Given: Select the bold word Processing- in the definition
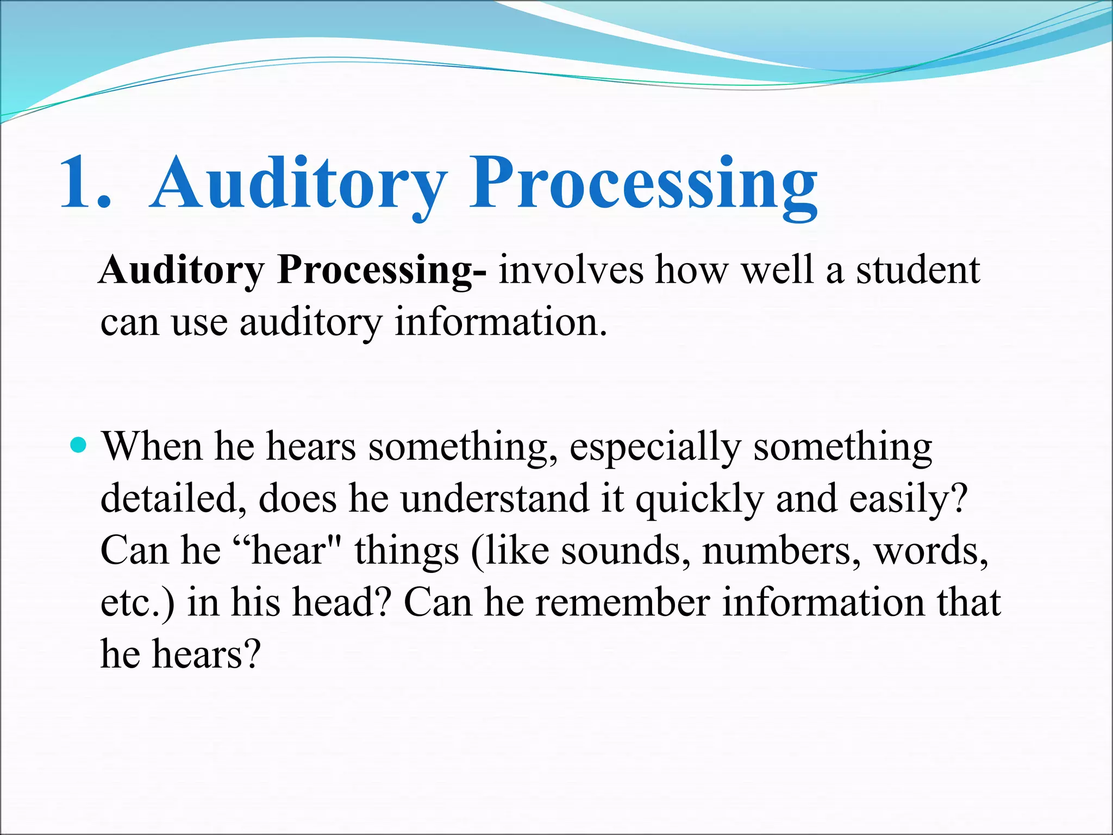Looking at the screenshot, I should click(382, 270).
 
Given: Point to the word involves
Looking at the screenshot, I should click(571, 270).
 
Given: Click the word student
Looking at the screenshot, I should click(918, 270).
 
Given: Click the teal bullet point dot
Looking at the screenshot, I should click(79, 446).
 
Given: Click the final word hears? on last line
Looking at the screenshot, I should click(206, 655).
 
